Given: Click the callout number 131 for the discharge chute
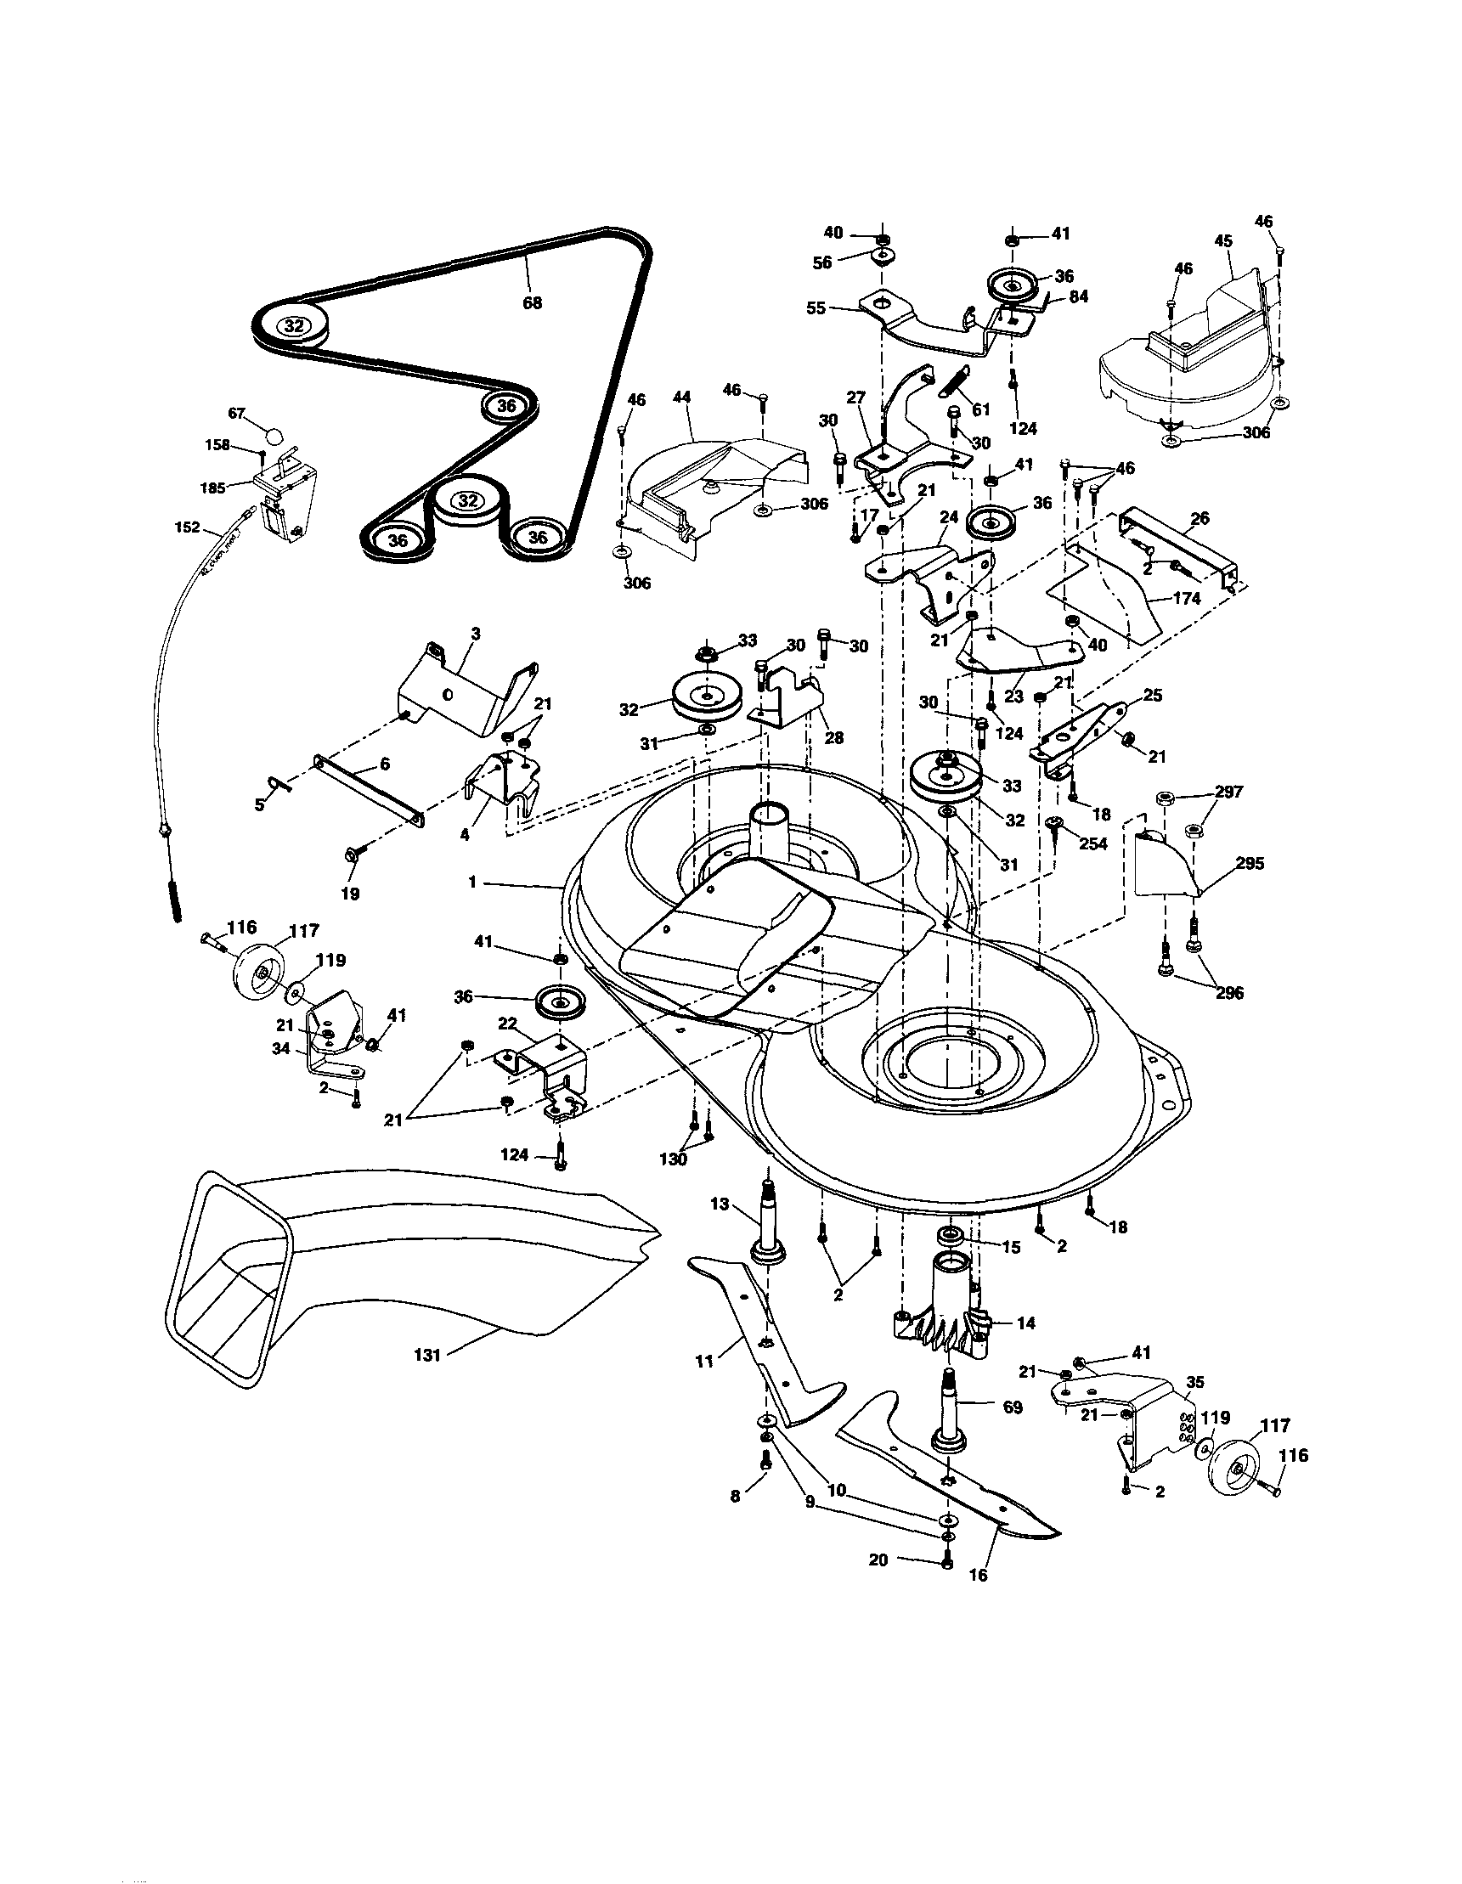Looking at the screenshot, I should pyautogui.click(x=427, y=1355).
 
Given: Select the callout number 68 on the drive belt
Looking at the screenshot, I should pyautogui.click(x=532, y=302).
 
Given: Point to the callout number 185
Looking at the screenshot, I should pyautogui.click(x=212, y=488).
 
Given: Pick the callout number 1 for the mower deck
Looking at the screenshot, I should pyautogui.click(x=471, y=883).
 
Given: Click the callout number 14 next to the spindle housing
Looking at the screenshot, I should pyautogui.click(x=1025, y=1323).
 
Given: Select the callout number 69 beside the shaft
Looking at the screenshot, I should pyautogui.click(x=1013, y=1407).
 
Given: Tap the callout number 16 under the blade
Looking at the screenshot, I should pyautogui.click(x=977, y=1574).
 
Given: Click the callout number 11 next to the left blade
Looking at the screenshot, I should pyautogui.click(x=706, y=1361).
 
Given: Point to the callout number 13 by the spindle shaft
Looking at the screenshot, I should pyautogui.click(x=720, y=1204).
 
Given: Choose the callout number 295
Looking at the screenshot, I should pyautogui.click(x=1250, y=863).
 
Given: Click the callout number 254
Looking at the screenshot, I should pyautogui.click(x=1092, y=843).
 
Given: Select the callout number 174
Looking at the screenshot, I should pyautogui.click(x=1187, y=598).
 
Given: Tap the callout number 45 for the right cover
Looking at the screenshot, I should pyautogui.click(x=1223, y=241).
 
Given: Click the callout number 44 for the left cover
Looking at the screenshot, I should pyautogui.click(x=681, y=398).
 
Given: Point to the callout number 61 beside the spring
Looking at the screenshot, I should pyautogui.click(x=981, y=409).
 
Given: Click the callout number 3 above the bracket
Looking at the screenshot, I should pyautogui.click(x=475, y=633).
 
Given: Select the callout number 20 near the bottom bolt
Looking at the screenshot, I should pyautogui.click(x=878, y=1560).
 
